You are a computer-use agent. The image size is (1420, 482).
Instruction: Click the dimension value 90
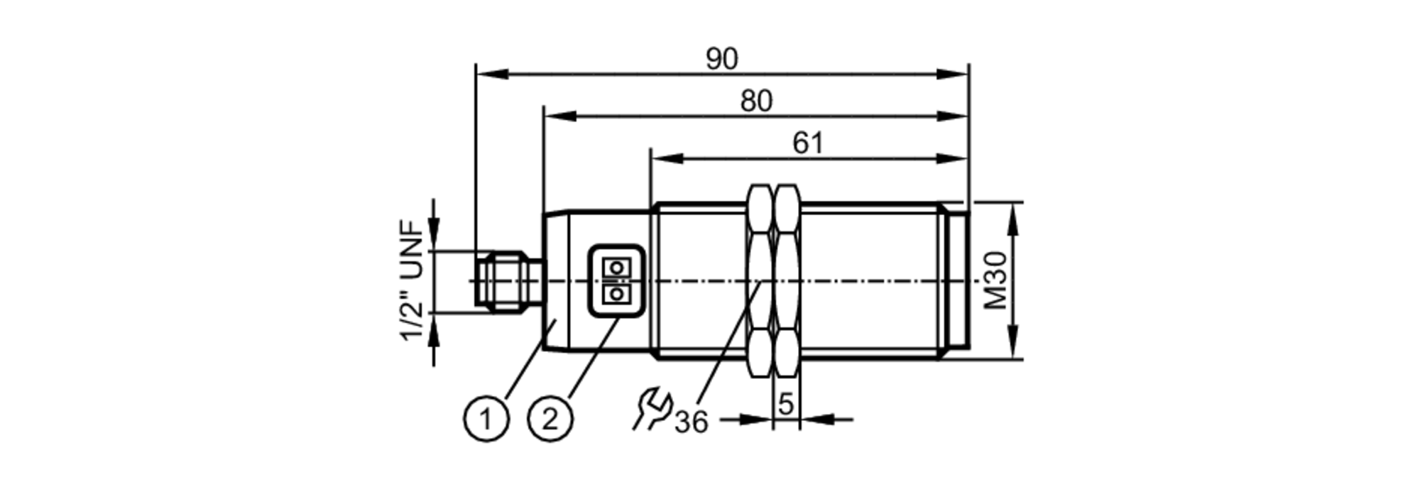click(x=721, y=60)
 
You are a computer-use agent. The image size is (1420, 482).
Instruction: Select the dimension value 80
click(x=755, y=102)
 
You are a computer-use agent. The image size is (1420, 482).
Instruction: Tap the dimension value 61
click(x=808, y=143)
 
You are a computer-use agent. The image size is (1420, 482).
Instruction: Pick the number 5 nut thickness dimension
click(x=785, y=404)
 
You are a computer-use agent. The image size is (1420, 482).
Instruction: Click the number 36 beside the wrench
click(x=691, y=422)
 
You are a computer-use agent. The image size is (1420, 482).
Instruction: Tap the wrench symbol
click(x=652, y=408)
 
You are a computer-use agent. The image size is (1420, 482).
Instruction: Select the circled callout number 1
click(x=486, y=420)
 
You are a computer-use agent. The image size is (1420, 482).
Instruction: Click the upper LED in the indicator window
click(x=616, y=268)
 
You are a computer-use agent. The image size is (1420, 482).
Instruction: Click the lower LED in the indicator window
click(x=616, y=293)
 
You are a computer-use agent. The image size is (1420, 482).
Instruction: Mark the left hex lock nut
click(x=760, y=280)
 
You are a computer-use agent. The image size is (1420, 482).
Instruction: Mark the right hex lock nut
click(x=787, y=280)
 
